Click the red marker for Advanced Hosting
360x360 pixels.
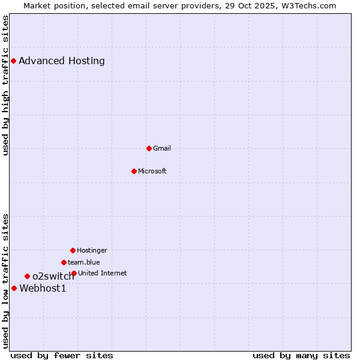[13, 61]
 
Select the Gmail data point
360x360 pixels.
[149, 148]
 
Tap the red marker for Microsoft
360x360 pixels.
[134, 171]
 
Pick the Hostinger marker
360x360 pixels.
[73, 250]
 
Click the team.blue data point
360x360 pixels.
[64, 262]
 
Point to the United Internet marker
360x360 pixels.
[74, 273]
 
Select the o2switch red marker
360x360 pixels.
[27, 276]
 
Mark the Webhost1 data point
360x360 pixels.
[14, 288]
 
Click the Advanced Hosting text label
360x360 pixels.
[62, 61]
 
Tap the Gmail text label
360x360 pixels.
[162, 148]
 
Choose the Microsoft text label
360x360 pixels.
[152, 171]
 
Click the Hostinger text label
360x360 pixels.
[92, 250]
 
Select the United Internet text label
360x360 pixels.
[103, 273]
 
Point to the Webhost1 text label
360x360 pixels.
[43, 288]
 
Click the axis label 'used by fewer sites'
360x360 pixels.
[62, 355]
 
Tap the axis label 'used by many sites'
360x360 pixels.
[301, 355]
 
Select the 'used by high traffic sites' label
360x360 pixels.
[5, 85]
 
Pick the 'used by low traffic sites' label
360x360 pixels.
[5, 280]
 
